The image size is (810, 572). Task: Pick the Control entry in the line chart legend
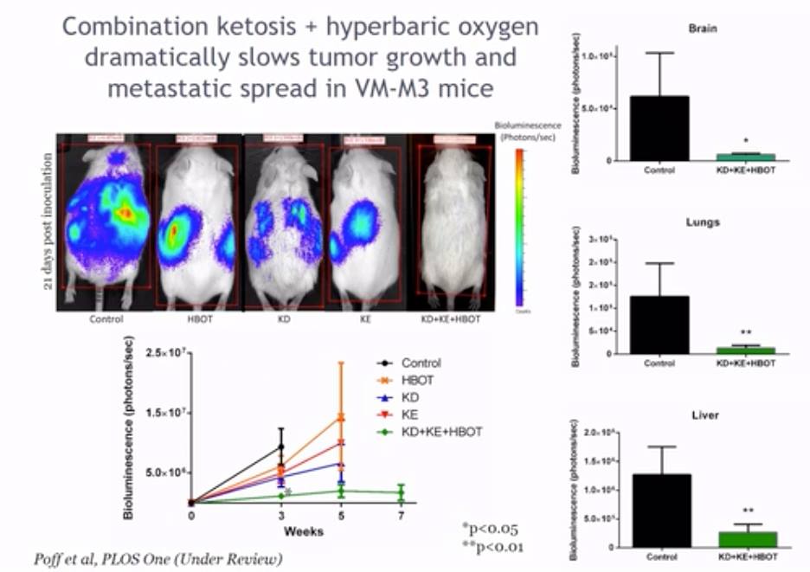[x=420, y=363]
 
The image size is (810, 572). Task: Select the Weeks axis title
[x=296, y=530]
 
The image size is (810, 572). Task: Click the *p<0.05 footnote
[x=491, y=528]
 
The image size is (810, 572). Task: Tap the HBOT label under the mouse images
[x=197, y=318]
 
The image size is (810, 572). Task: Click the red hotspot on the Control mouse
[x=126, y=211]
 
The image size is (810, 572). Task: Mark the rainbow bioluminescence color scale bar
[x=518, y=225]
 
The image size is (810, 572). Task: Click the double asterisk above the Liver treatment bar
[x=745, y=511]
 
